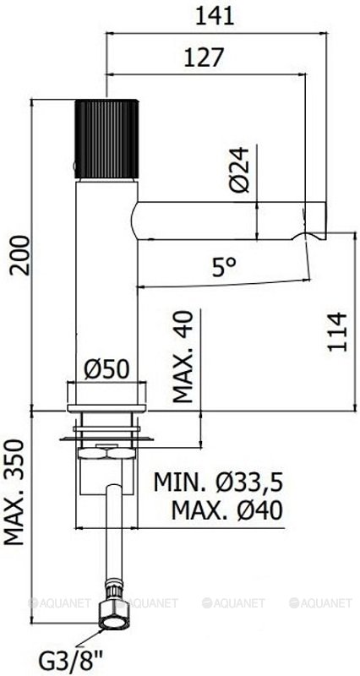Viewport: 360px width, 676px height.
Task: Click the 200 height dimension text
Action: (19, 256)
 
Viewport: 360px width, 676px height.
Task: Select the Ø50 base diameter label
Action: (108, 369)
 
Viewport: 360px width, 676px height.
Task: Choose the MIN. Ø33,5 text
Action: (217, 482)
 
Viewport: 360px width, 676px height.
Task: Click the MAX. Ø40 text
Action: (226, 510)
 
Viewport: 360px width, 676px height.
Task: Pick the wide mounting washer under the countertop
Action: (108, 437)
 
